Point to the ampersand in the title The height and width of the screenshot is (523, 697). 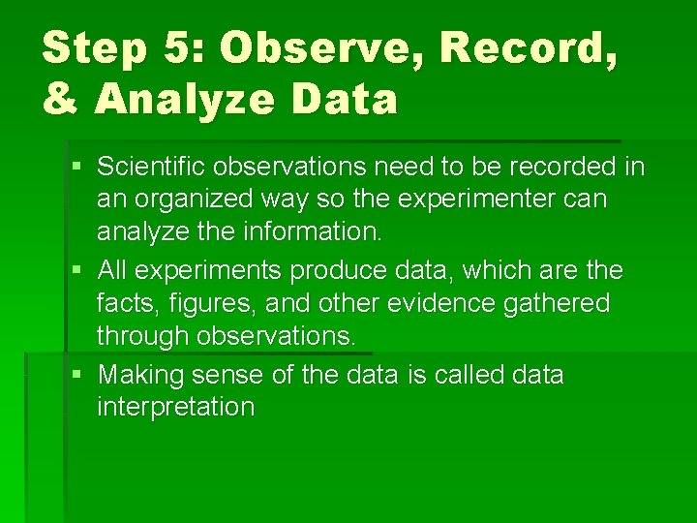pos(60,99)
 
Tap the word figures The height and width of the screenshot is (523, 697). pos(195,303)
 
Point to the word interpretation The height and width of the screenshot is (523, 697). pos(175,407)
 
